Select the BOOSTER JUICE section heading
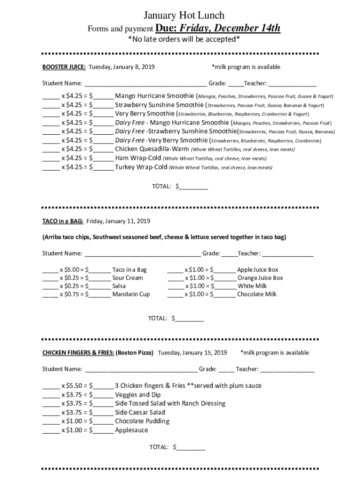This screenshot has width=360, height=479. click(64, 67)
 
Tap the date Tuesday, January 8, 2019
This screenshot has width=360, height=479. click(122, 67)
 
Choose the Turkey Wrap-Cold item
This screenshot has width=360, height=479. click(141, 167)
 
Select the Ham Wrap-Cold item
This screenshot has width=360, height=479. click(138, 158)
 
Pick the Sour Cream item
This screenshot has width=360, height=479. click(128, 278)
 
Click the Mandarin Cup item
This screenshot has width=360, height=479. click(131, 294)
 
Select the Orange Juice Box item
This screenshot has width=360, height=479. click(260, 278)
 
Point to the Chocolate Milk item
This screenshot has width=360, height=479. click(257, 294)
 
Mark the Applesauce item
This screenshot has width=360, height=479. click(131, 430)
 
